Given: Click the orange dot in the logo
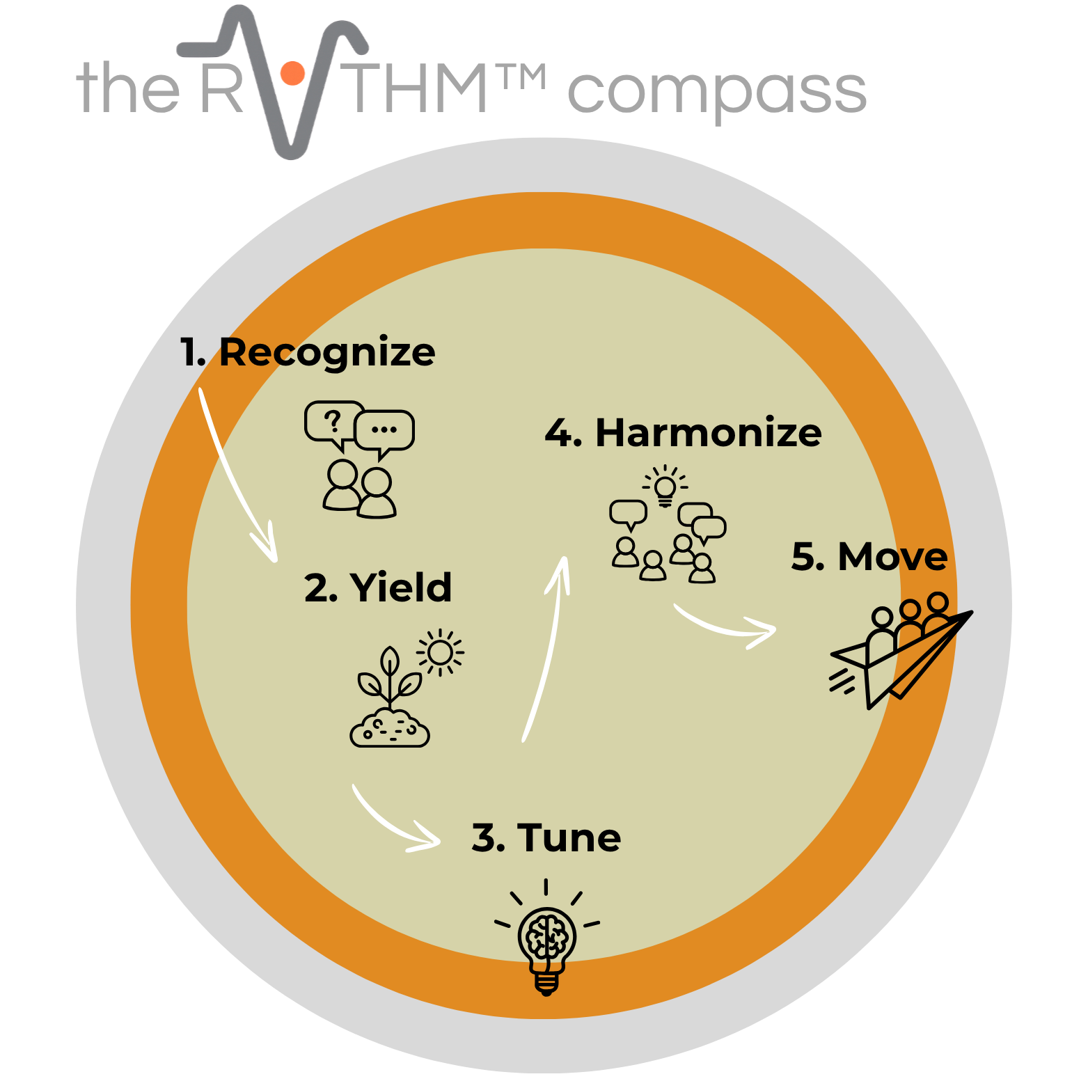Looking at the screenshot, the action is [x=292, y=73].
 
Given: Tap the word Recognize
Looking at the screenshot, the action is [x=326, y=352].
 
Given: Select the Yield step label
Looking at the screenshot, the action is [x=400, y=588].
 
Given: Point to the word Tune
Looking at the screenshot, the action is [x=568, y=837].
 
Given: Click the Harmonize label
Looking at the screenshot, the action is [x=708, y=433].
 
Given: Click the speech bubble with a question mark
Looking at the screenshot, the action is [x=333, y=422].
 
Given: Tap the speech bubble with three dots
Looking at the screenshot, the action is [x=384, y=431].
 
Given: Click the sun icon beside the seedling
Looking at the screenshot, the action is [x=440, y=653].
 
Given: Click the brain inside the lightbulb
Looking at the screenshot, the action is [x=547, y=936].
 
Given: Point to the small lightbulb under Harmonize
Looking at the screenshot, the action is [x=665, y=487].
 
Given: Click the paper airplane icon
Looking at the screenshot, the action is [x=905, y=661].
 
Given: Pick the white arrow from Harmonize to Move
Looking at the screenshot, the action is [x=724, y=626].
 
